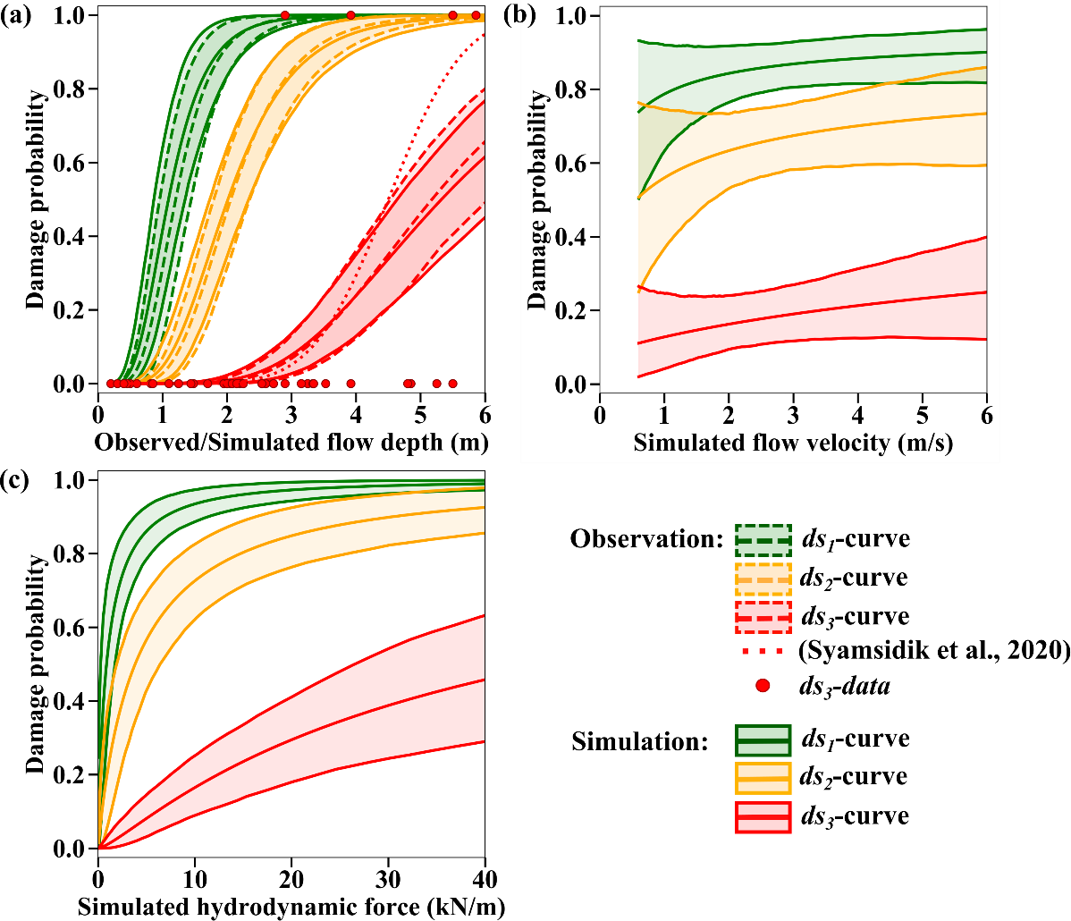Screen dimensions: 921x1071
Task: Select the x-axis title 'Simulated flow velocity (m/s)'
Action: [794, 442]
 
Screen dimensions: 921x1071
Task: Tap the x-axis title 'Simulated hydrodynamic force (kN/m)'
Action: [291, 907]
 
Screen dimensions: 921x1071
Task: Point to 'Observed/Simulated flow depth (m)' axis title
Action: [291, 442]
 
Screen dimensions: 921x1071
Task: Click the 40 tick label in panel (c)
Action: [485, 871]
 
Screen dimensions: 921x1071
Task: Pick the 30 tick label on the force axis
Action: [388, 871]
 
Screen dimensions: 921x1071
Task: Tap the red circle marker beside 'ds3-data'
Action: [763, 687]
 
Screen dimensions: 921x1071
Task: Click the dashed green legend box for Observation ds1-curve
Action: [763, 539]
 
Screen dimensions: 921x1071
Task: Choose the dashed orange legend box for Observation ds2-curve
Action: [763, 579]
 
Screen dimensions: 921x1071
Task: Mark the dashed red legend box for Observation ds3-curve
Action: [763, 617]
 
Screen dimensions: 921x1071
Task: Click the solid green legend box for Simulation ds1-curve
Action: [763, 739]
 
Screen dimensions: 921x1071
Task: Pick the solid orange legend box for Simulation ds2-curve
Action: [763, 778]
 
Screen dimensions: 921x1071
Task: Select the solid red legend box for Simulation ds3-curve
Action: [763, 816]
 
